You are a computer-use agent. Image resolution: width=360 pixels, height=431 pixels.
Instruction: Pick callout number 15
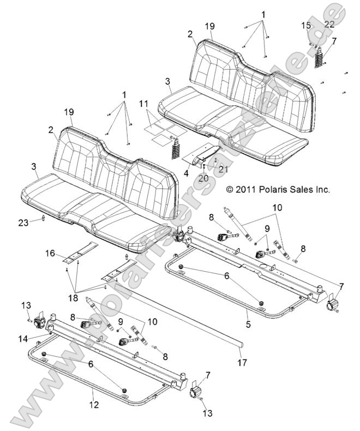click(306, 26)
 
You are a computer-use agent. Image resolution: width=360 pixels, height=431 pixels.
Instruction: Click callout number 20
click(202, 177)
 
